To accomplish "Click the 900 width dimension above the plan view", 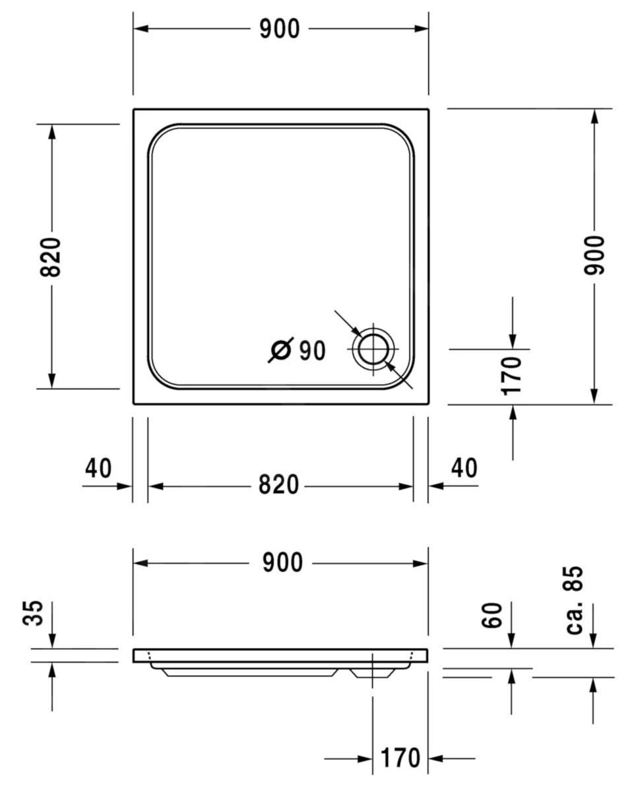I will click(279, 29).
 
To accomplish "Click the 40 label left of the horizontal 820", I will click(98, 469).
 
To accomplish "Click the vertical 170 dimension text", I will click(512, 376).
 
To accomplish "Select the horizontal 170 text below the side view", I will click(400, 758).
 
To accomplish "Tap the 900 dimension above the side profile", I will click(282, 563).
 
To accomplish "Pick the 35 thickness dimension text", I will click(34, 613).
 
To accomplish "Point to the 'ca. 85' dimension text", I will click(574, 600).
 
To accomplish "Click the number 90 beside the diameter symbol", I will click(312, 351).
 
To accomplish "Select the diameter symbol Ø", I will click(280, 350).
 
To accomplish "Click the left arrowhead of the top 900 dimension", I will click(140, 29).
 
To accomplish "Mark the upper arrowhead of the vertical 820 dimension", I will click(52, 131).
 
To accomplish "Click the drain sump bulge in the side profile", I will click(373, 673).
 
